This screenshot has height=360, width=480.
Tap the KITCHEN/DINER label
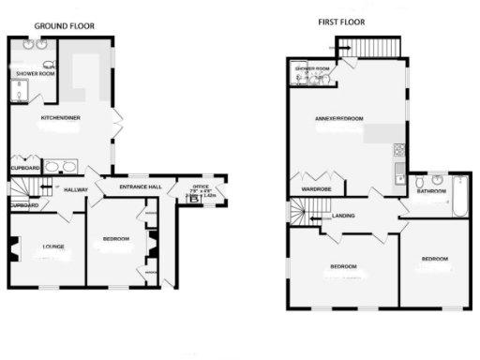click(x=58, y=118)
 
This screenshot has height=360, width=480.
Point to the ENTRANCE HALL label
click(x=140, y=187)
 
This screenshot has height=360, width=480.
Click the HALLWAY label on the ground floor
click(x=75, y=189)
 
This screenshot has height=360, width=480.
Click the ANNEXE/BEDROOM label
click(x=338, y=119)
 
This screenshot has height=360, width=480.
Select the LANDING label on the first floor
click(x=343, y=217)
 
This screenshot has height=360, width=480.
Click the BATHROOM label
click(x=431, y=192)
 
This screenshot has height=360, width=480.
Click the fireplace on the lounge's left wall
click(x=13, y=248)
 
